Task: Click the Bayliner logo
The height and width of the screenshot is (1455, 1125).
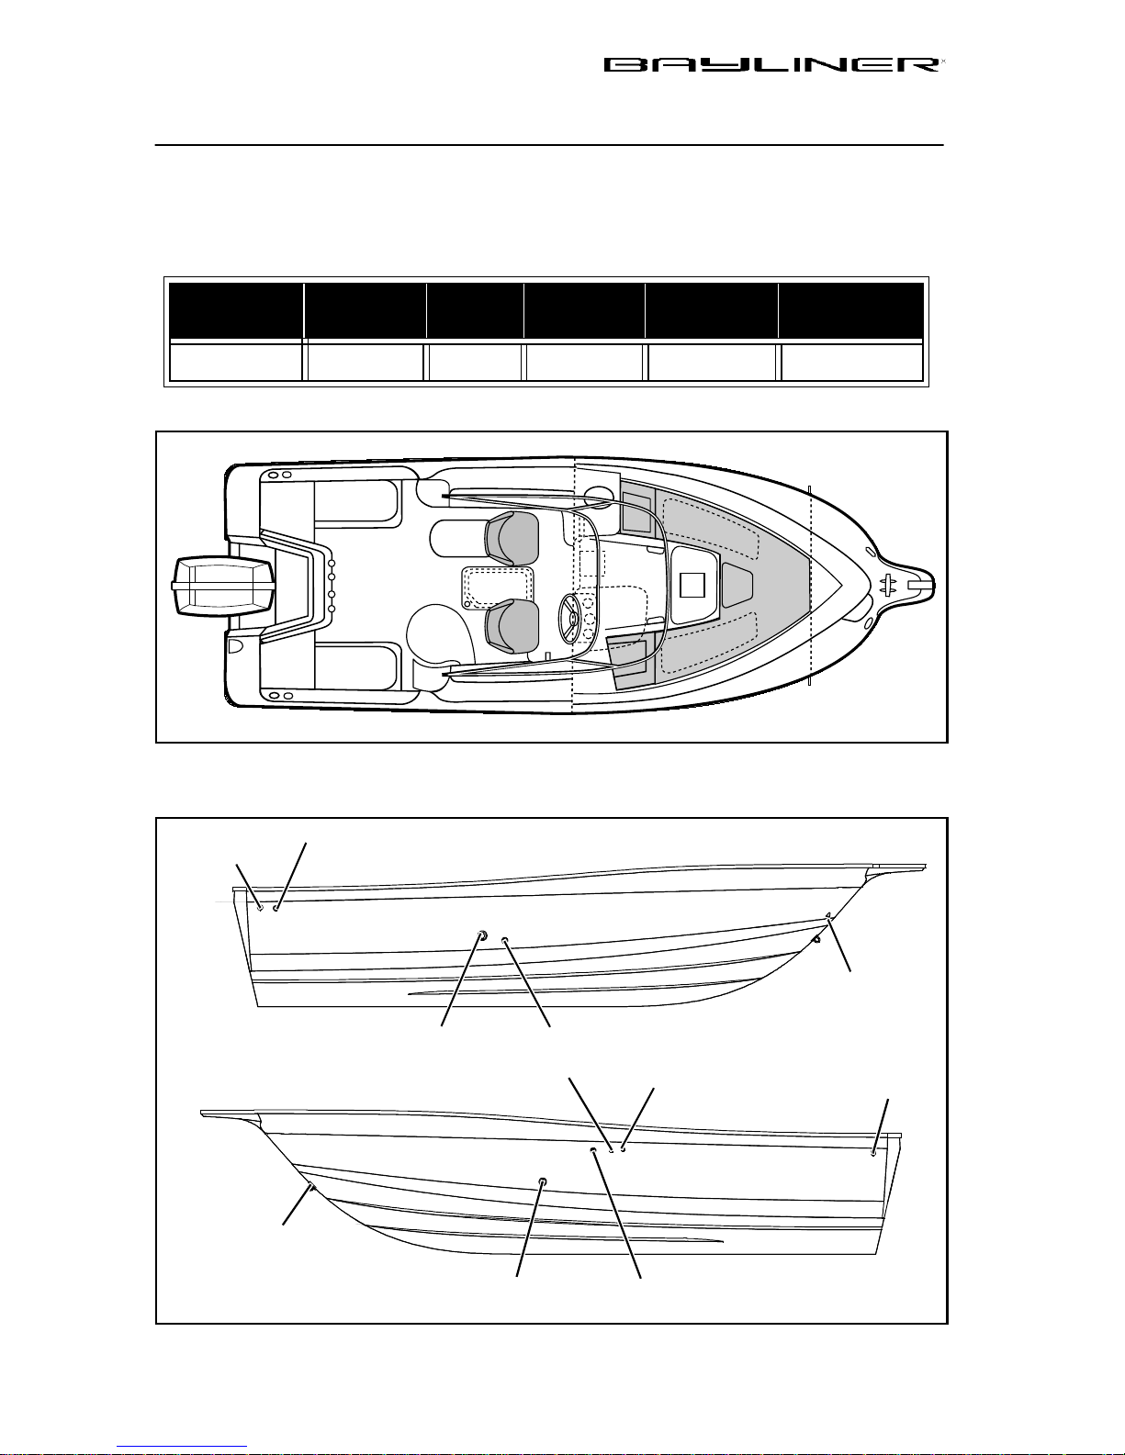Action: pyautogui.click(x=773, y=64)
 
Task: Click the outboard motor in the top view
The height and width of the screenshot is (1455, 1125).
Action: pyautogui.click(x=224, y=586)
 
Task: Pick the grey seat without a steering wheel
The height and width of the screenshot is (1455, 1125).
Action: pyautogui.click(x=512, y=538)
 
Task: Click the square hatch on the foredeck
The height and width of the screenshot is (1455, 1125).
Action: pyautogui.click(x=692, y=586)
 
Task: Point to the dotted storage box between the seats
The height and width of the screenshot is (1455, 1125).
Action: pyautogui.click(x=498, y=588)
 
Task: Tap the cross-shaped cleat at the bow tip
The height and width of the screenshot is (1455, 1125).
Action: pyautogui.click(x=890, y=585)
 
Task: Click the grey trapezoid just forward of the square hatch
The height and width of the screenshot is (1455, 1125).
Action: pyautogui.click(x=738, y=585)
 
